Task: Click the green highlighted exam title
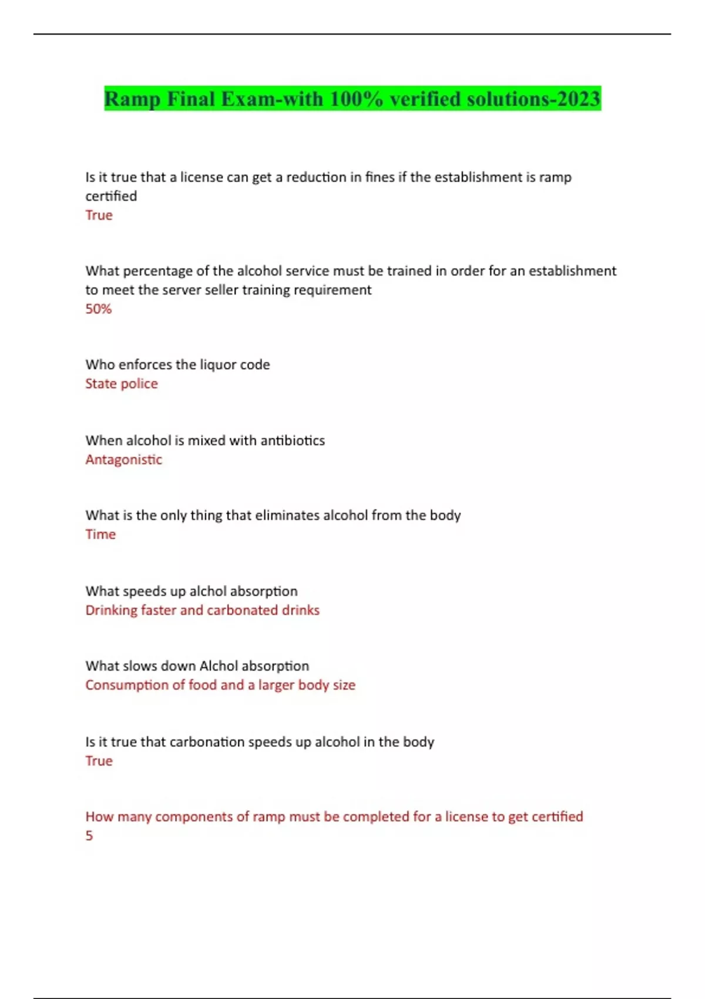point(352,99)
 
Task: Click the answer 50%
point(98,309)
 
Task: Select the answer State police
point(122,384)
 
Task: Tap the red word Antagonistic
point(123,460)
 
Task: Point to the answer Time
point(100,534)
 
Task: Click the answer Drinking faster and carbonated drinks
point(202,610)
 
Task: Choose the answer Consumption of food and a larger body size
point(220,685)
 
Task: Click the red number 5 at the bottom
point(89,836)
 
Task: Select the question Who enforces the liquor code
point(177,364)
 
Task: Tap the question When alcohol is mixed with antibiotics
point(205,440)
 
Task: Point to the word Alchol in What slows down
point(219,666)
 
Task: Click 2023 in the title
point(579,99)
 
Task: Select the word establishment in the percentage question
point(572,271)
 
